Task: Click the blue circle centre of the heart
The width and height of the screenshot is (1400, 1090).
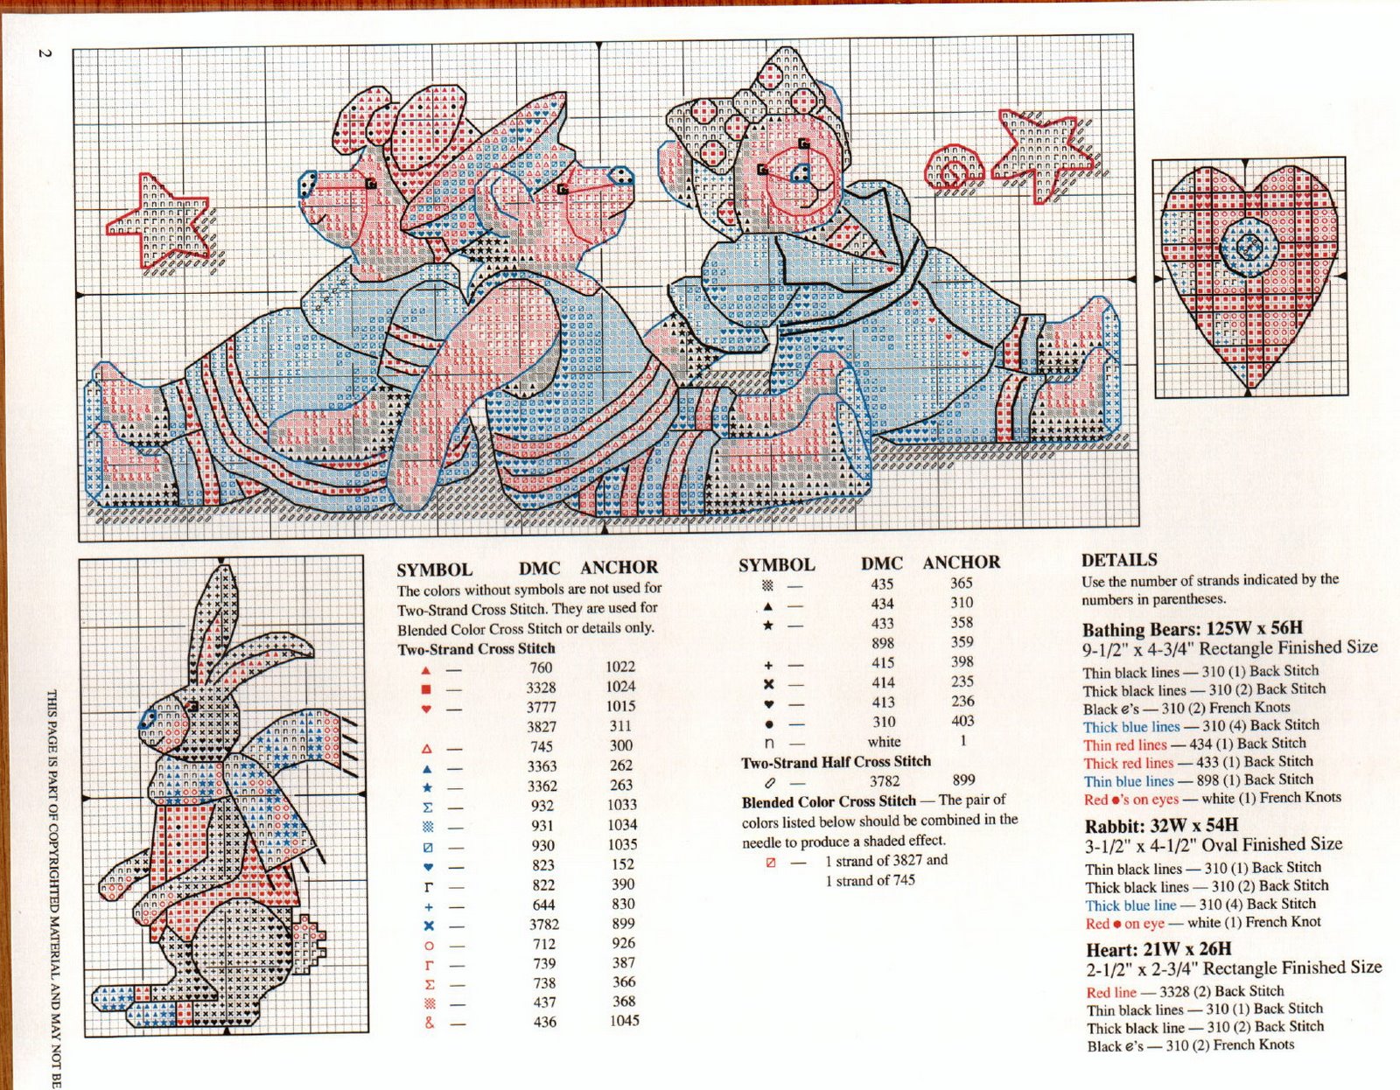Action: tap(1249, 247)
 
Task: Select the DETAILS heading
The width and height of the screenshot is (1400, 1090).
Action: tap(1119, 560)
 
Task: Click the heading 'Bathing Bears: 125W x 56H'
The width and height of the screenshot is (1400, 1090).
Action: tap(1192, 629)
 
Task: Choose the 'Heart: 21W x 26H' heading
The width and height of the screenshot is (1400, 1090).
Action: tap(1158, 949)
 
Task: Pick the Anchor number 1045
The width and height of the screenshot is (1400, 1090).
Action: tap(624, 1020)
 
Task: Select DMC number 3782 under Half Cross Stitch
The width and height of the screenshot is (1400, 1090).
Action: tap(884, 780)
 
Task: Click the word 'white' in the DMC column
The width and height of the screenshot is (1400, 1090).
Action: tap(884, 741)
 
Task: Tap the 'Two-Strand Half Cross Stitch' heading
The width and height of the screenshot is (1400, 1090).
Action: tap(836, 761)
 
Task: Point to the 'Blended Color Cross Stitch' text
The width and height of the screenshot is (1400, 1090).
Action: tap(829, 801)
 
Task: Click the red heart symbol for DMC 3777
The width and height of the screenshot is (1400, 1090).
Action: tap(427, 708)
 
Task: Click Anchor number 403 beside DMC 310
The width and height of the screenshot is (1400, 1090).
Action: tap(962, 721)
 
